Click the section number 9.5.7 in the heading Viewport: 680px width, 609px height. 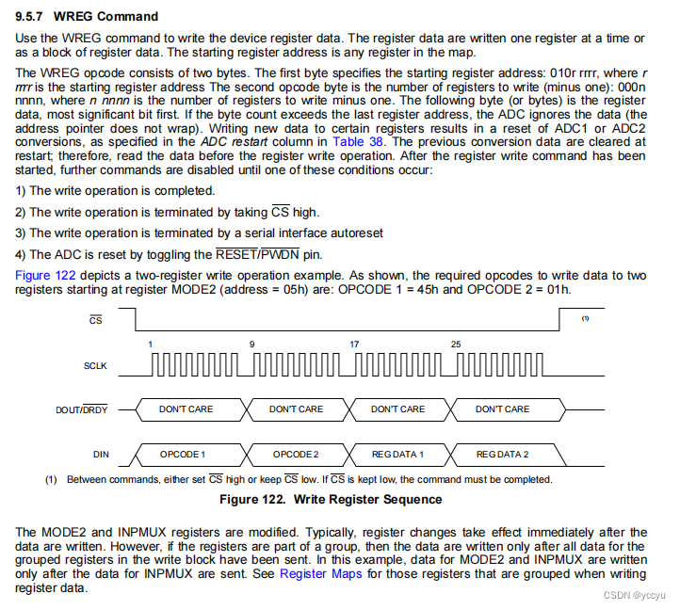32,16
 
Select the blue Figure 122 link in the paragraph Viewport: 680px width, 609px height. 44,275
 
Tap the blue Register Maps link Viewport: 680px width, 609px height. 317,573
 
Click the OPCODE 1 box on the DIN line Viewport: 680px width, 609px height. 183,455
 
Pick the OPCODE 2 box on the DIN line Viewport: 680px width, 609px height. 296,455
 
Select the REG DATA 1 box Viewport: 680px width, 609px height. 397,455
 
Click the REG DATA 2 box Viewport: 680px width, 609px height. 502,455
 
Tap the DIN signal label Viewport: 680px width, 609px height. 101,455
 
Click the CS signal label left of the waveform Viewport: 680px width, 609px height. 95,320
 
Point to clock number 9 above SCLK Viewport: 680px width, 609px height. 251,344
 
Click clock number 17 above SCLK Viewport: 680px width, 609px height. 354,344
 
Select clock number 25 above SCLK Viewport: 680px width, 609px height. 456,344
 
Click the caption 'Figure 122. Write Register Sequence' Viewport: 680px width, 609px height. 331,499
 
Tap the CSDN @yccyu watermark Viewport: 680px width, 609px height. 636,596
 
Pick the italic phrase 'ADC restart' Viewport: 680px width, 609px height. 232,141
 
